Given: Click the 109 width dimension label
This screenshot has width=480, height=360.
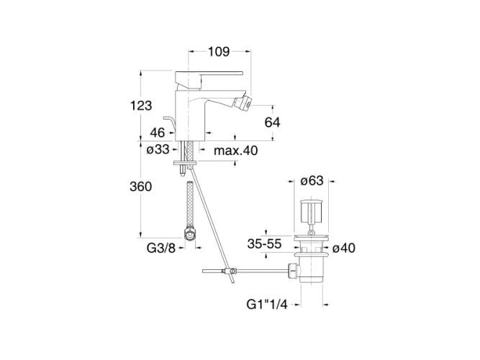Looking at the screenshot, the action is (219, 51).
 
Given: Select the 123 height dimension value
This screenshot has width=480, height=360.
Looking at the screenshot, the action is (141, 106).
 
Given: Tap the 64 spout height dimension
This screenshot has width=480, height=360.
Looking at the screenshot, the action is (273, 122).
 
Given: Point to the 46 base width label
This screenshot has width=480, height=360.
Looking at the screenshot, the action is (158, 132).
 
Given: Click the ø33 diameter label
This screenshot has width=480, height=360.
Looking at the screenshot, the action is (158, 150).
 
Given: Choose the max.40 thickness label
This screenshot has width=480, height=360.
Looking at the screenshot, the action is (236, 150).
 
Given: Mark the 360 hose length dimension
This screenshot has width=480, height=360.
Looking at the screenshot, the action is (141, 186).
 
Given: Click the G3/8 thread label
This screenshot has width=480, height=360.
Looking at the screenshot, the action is (161, 248).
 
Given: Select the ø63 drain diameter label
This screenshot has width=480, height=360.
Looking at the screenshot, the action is (312, 181).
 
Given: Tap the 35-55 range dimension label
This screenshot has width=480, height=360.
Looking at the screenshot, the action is (265, 244).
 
